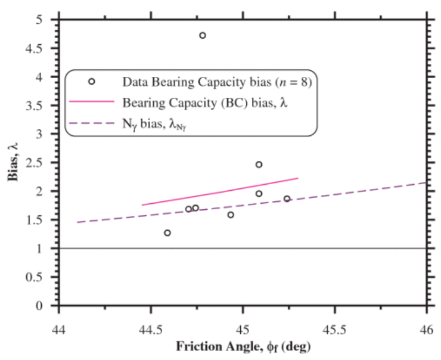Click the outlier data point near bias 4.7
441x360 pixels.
tap(203, 36)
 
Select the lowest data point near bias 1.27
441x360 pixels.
tap(167, 233)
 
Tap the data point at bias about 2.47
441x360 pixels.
tap(259, 165)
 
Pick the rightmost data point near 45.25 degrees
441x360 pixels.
tap(287, 199)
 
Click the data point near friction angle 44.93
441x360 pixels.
tap(231, 215)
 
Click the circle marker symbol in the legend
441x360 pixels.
tap(92, 81)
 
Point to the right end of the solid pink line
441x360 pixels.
tap(297, 178)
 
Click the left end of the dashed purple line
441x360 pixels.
tap(77, 222)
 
